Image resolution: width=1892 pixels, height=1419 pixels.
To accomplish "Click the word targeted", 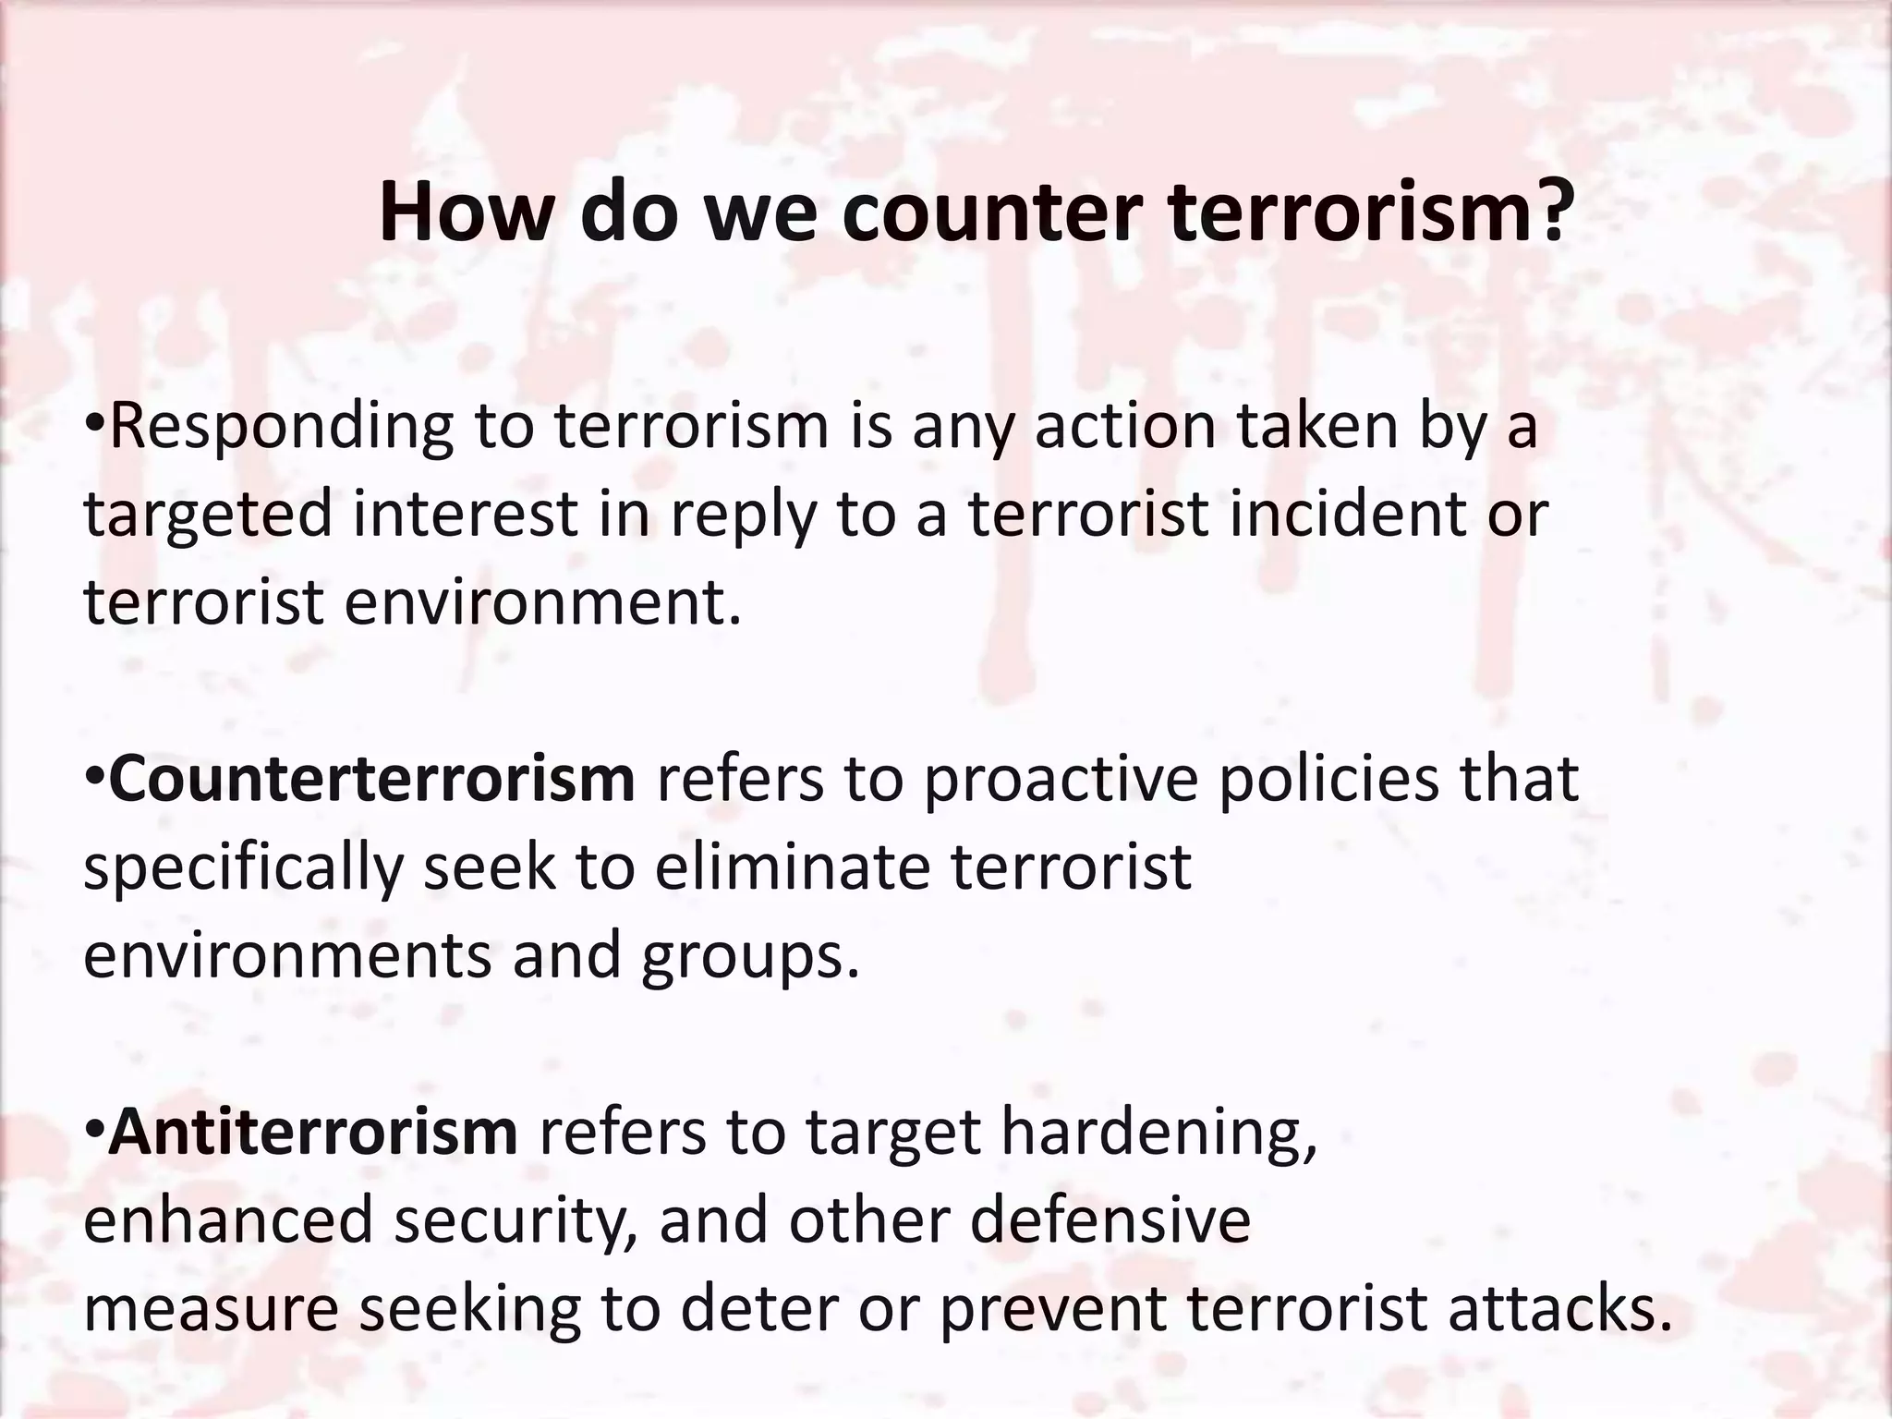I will pos(207,515).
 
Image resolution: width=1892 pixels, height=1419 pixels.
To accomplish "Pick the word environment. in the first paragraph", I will pos(543,602).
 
